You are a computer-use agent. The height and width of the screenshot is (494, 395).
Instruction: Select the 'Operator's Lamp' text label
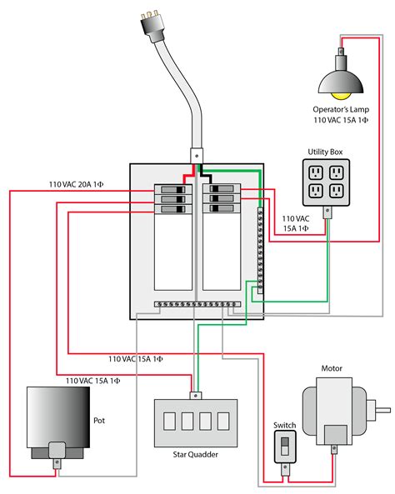pos(341,109)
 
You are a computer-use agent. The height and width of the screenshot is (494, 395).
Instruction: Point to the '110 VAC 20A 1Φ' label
pos(81,184)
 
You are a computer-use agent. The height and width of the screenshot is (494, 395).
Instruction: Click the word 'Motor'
pos(332,367)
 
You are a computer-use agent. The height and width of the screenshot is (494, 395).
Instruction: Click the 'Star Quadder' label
pos(196,456)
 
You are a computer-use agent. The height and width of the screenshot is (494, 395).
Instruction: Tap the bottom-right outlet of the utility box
pos(337,191)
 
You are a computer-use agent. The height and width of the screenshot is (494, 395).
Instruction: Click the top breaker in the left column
pos(172,190)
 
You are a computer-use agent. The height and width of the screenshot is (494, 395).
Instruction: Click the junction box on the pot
pos(57,450)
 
